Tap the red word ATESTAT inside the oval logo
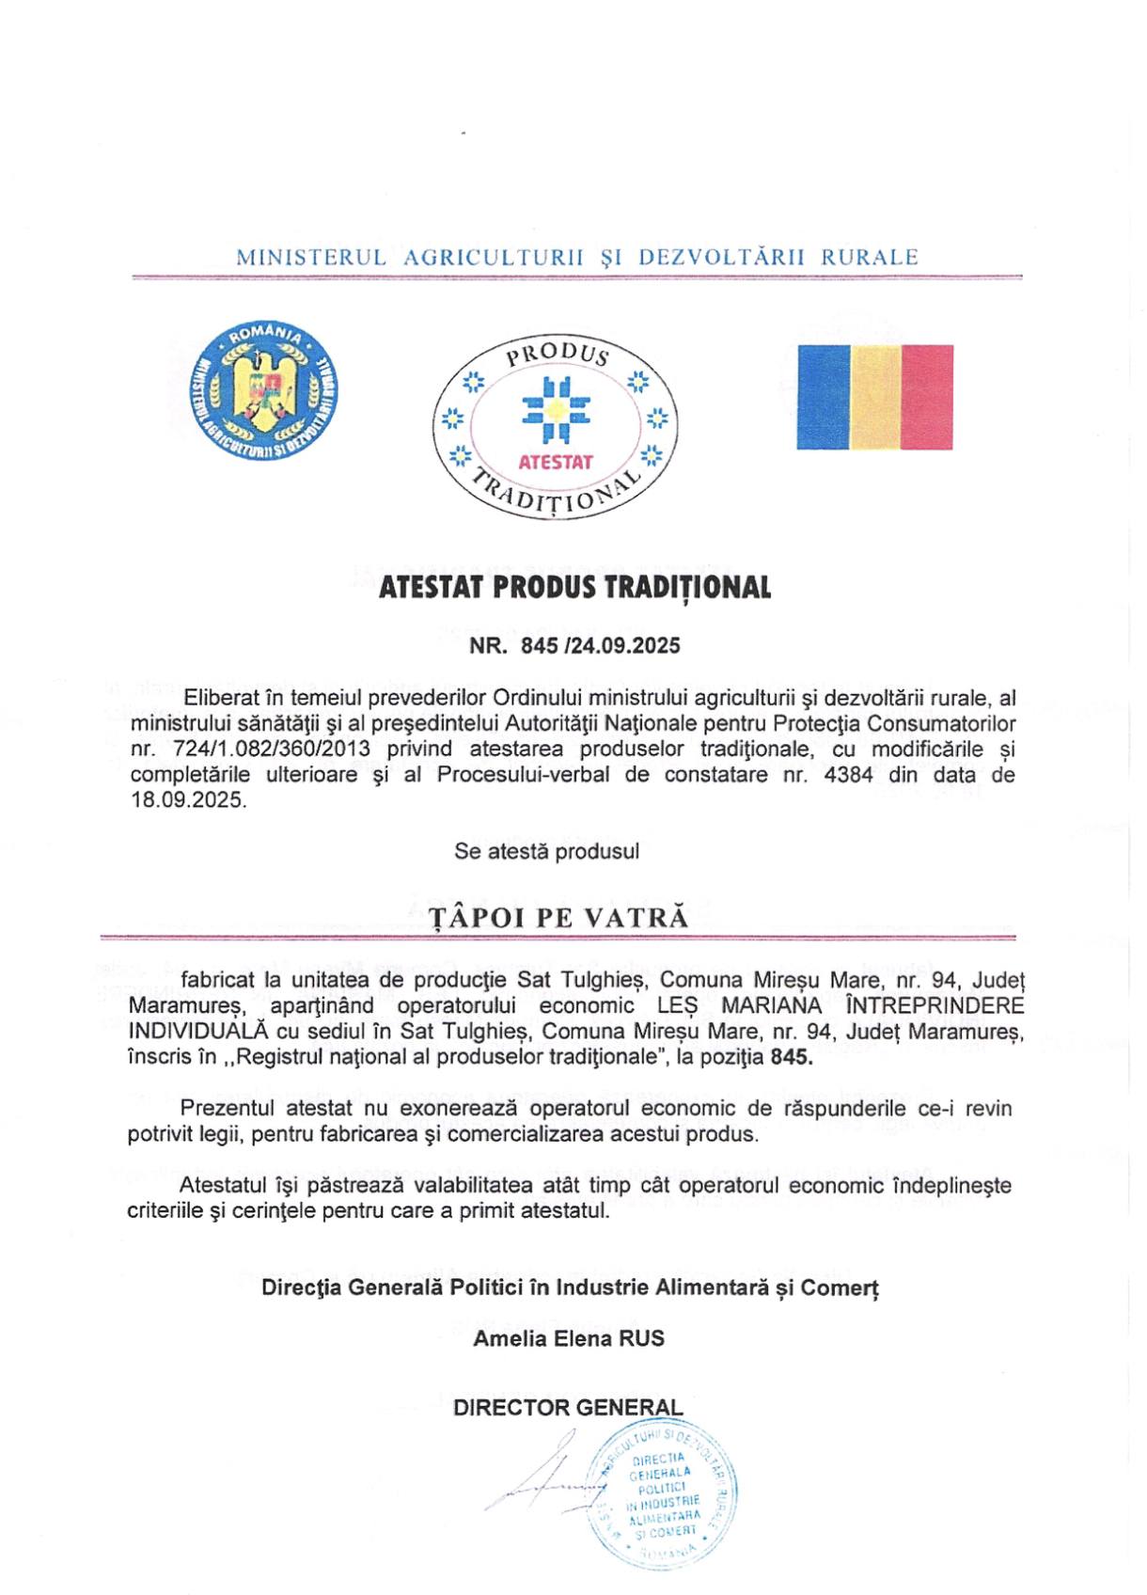[556, 462]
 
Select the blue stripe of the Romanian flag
[824, 397]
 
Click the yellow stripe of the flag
[875, 397]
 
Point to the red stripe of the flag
[927, 397]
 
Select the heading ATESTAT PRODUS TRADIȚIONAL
[574, 588]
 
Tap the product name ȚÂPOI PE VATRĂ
[558, 917]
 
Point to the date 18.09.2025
[188, 800]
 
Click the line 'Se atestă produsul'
[546, 851]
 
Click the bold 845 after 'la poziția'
[792, 1056]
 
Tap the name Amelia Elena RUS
[568, 1338]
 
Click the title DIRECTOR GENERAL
[568, 1407]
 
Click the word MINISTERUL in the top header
[311, 258]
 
